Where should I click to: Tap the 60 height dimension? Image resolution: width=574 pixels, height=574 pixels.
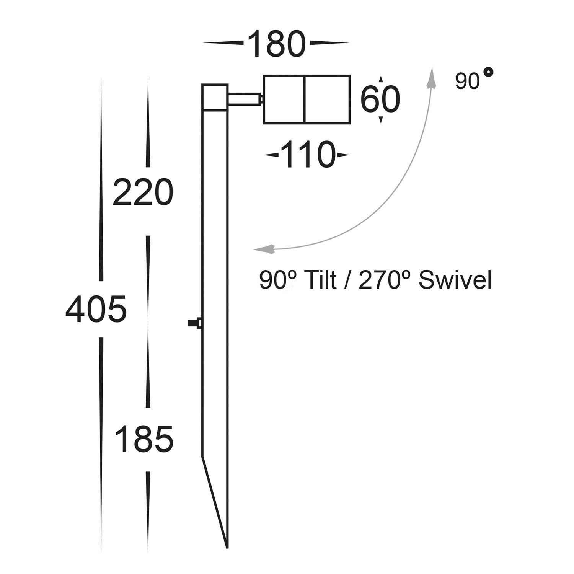point(380,100)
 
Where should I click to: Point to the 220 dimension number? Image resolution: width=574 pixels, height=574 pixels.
point(143,192)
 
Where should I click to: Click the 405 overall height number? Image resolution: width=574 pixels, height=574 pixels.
point(96,309)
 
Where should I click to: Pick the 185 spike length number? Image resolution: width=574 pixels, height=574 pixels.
point(145,439)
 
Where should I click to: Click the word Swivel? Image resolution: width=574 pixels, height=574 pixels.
point(455,280)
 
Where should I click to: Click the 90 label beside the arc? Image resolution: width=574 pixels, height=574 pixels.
point(467,82)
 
